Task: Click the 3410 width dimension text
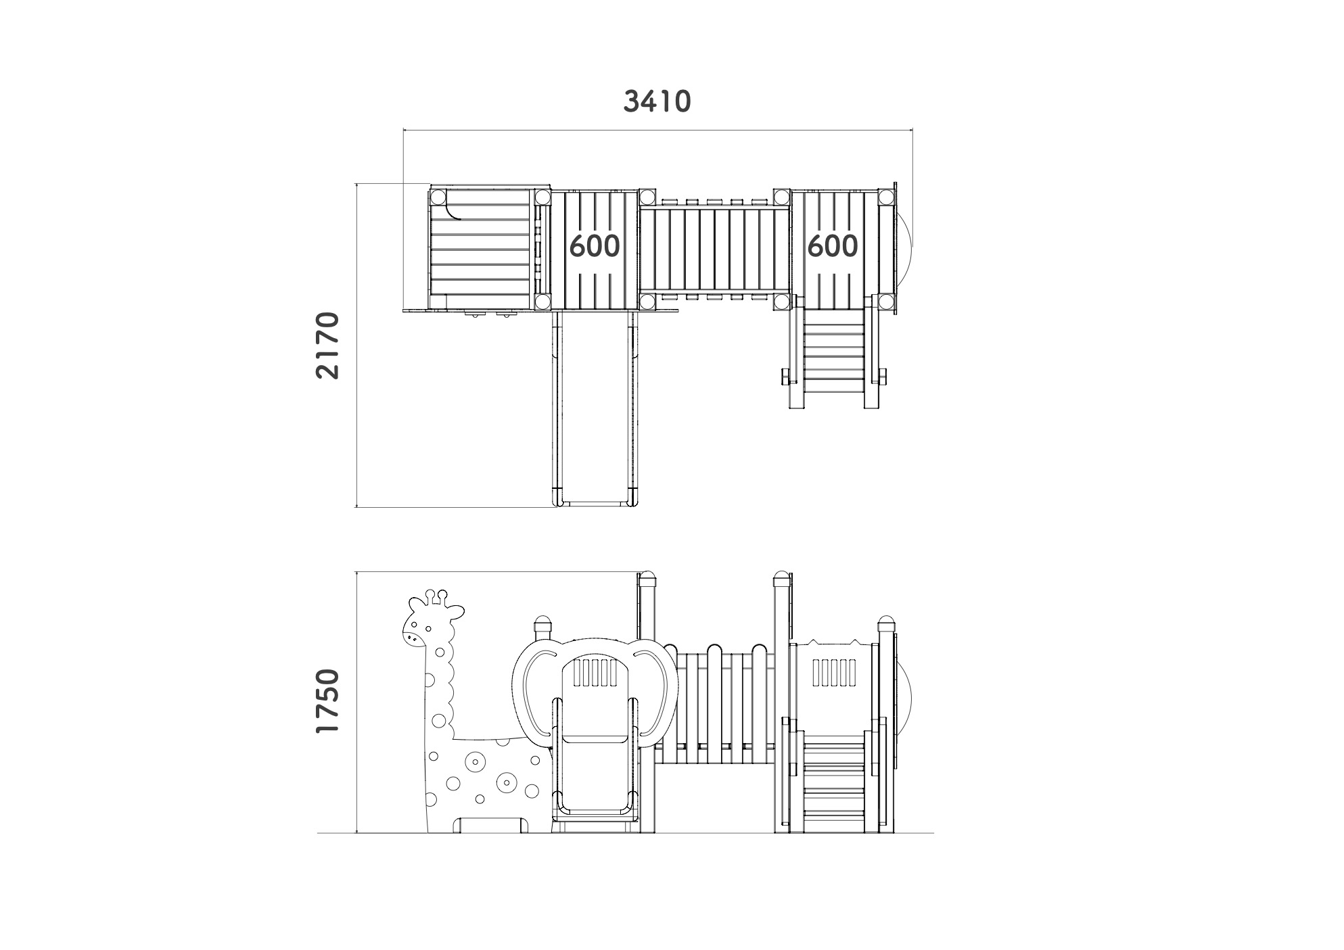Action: point(657,101)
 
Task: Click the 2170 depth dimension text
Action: point(328,345)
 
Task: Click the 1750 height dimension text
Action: point(328,701)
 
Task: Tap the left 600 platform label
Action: point(595,245)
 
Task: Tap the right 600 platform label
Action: point(833,245)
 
